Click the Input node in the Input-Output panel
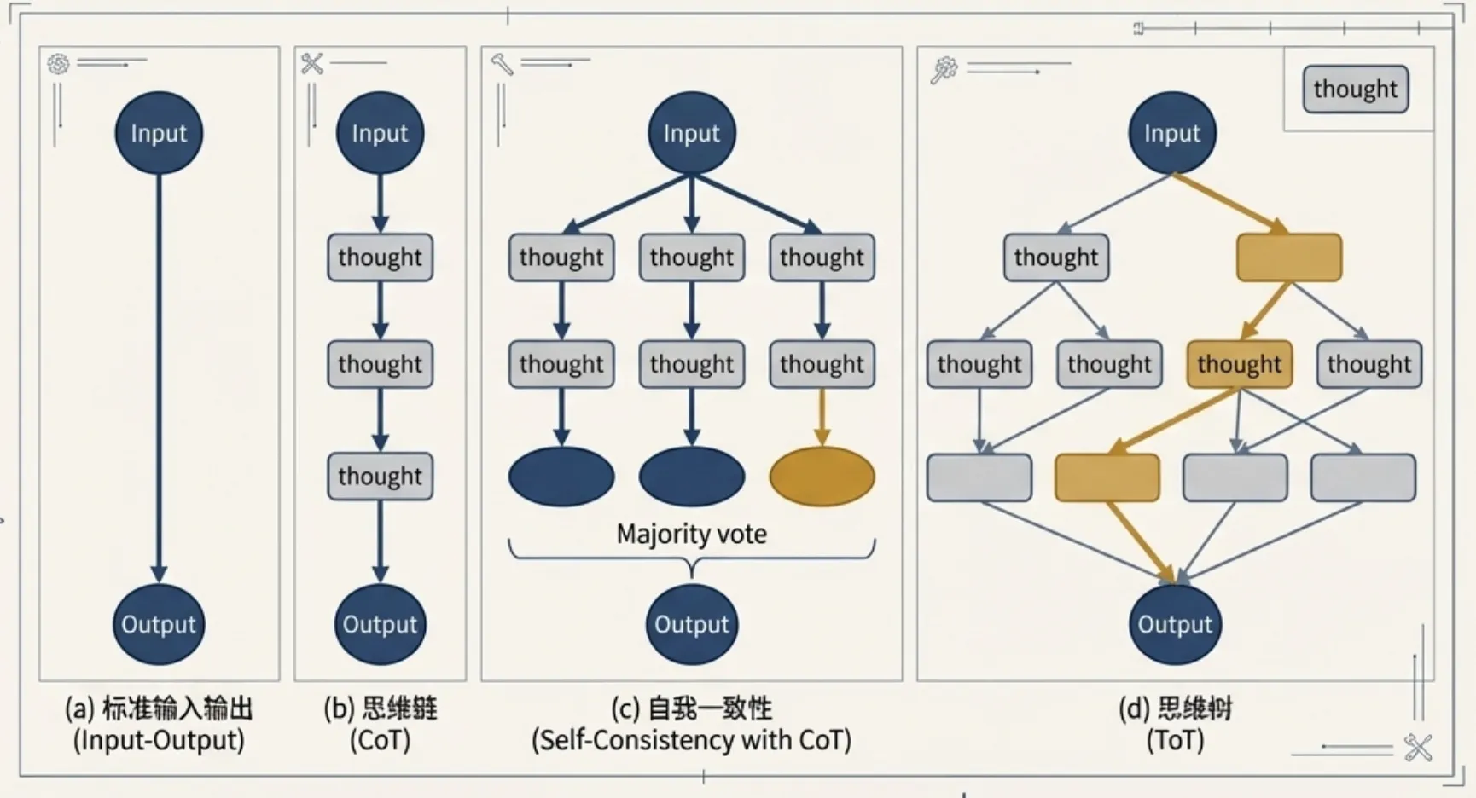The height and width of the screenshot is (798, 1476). (x=159, y=133)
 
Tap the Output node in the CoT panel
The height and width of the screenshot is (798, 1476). (x=380, y=624)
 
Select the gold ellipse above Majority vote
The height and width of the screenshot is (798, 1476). (x=822, y=477)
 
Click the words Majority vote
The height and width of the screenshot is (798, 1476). (x=691, y=534)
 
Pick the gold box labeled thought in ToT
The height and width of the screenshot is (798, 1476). (x=1239, y=364)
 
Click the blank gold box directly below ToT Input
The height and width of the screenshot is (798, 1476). (x=1288, y=257)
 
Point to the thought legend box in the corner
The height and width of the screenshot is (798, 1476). (x=1355, y=89)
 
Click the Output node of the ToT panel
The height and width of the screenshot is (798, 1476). (x=1175, y=624)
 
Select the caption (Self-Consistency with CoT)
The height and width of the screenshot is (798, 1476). (x=691, y=739)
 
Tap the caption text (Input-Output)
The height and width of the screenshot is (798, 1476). (x=159, y=739)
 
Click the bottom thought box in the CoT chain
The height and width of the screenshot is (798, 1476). (x=380, y=476)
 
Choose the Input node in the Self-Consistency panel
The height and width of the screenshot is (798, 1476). (x=691, y=133)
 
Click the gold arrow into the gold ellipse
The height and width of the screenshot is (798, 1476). (x=822, y=417)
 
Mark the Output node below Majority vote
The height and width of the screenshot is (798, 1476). (x=691, y=624)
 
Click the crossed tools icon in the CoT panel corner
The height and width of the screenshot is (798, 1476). (x=312, y=63)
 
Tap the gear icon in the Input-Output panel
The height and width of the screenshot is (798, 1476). (x=58, y=64)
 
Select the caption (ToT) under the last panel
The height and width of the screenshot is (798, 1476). (x=1175, y=739)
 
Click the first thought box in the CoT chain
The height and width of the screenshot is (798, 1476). (x=380, y=257)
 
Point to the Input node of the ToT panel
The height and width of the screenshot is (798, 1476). (x=1172, y=133)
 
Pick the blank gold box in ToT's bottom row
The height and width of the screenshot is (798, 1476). (x=1107, y=477)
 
